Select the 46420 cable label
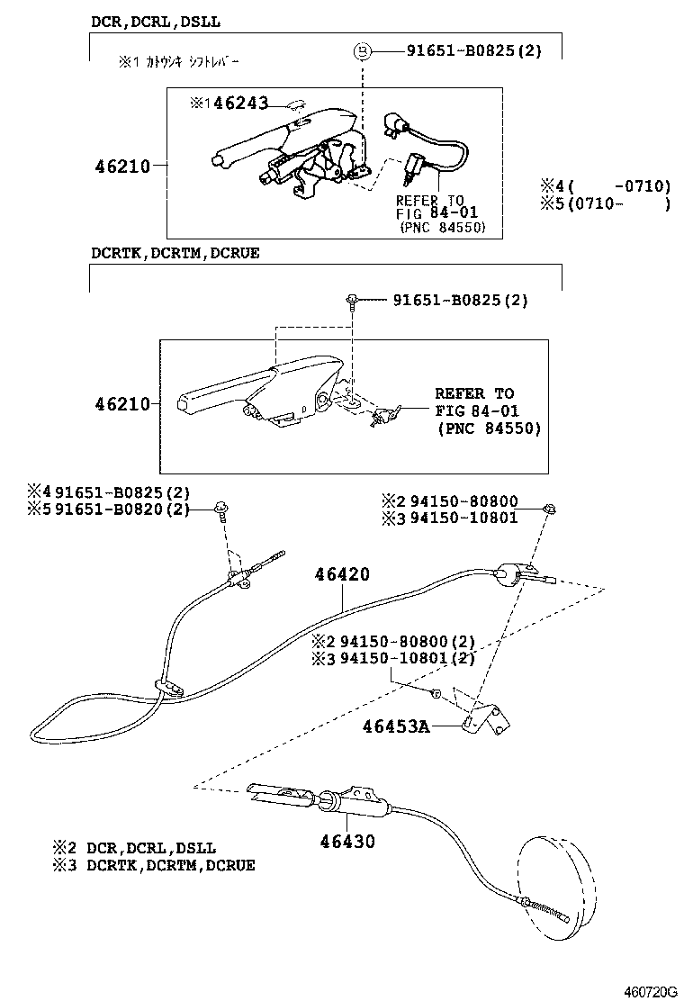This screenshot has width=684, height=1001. coord(341,574)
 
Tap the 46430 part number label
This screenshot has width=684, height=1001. coord(346,843)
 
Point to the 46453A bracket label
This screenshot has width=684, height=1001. coord(395,726)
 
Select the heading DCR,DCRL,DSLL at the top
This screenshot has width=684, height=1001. coord(155,20)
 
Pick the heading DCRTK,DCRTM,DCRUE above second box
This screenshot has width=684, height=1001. coord(175,253)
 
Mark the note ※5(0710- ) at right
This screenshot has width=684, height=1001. coord(605,204)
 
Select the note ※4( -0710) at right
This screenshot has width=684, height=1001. coord(605,186)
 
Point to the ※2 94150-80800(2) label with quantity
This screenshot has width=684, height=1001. coord(392,642)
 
